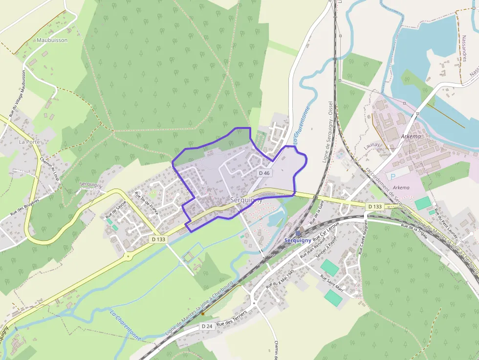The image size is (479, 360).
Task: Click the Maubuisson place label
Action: [52, 40]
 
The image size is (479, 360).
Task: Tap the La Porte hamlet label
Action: [29, 142]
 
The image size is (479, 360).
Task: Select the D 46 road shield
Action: [264, 173]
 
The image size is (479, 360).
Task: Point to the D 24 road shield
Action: [206, 326]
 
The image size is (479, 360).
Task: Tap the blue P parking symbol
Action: [391, 176]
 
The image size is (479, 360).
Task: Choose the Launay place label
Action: [371, 146]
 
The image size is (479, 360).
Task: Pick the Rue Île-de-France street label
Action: [147, 203]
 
